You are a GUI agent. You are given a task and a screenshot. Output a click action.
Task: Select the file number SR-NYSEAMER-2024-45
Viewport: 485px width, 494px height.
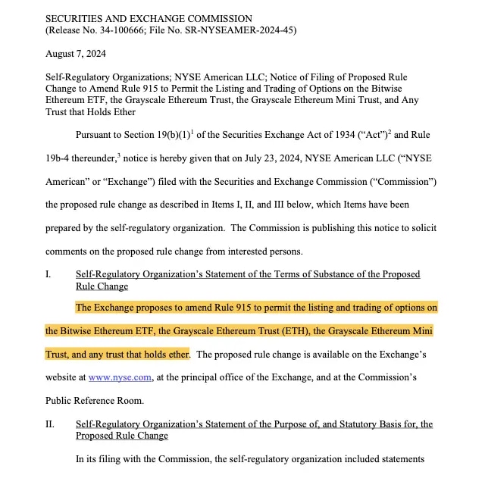pos(239,30)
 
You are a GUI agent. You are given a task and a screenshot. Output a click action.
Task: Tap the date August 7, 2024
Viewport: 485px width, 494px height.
pos(76,54)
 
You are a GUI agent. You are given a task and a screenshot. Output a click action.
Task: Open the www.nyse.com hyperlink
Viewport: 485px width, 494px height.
pos(114,377)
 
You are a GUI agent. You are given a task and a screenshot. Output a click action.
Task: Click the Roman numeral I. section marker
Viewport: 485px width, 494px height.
pos(48,274)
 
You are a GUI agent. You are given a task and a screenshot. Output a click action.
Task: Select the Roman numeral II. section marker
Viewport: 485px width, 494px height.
pos(50,424)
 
